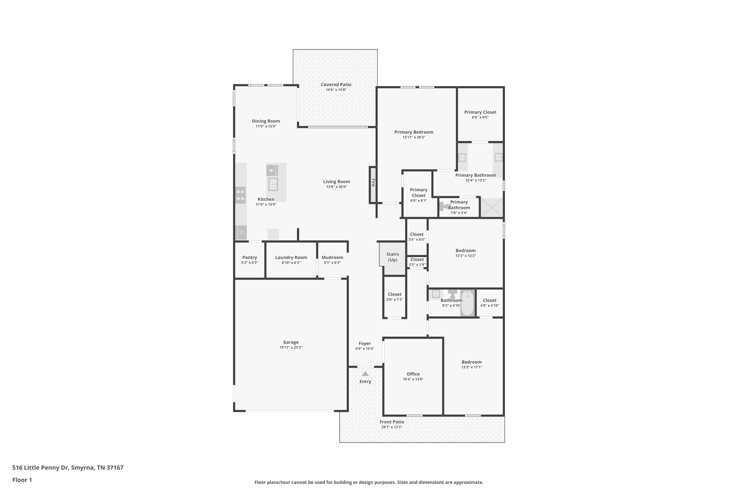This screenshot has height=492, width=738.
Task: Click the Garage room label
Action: [x=291, y=342]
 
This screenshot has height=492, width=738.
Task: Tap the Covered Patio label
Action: [x=336, y=85]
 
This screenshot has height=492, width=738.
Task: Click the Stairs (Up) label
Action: [x=393, y=257]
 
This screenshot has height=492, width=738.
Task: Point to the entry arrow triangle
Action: [x=365, y=374]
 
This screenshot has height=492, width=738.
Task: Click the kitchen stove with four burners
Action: [x=240, y=195]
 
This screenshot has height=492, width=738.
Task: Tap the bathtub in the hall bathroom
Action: [x=467, y=303]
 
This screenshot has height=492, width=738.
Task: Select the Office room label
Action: [x=413, y=374]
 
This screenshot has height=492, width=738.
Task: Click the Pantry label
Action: [x=250, y=257]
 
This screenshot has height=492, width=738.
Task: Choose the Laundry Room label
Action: [x=291, y=257]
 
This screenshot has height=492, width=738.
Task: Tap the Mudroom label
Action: [x=332, y=257]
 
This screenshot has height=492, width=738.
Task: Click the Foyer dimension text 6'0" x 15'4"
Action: [x=365, y=349]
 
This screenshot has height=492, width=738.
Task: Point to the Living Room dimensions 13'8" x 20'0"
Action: [x=337, y=187]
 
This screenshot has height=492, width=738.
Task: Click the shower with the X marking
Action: [x=492, y=208]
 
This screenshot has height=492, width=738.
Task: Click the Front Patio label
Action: [x=392, y=422]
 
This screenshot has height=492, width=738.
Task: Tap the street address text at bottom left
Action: [x=68, y=468]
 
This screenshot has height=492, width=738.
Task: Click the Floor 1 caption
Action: [x=22, y=480]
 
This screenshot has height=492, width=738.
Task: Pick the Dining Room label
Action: [x=266, y=121]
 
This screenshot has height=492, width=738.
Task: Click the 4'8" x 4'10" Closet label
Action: [x=490, y=300]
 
